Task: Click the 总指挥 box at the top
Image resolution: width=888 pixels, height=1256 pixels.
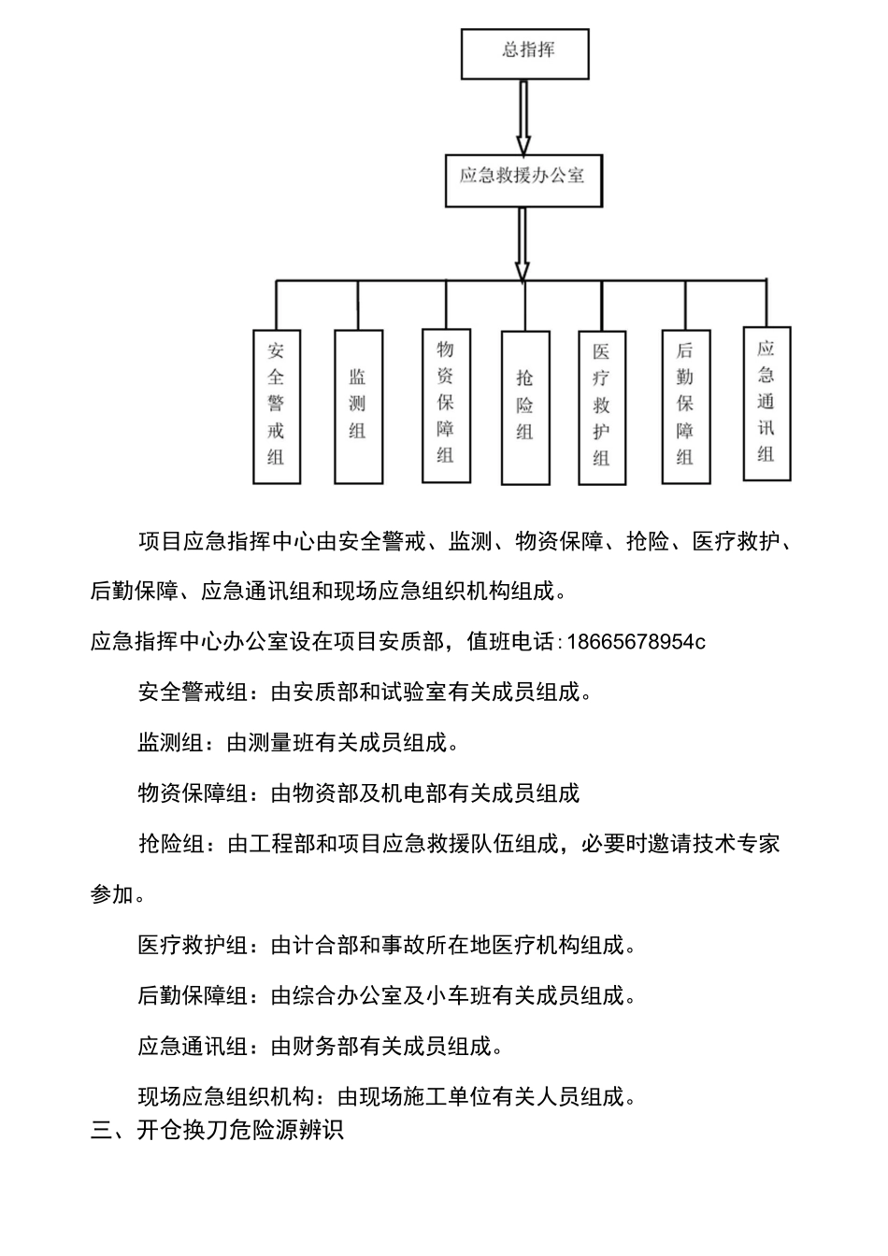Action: click(524, 53)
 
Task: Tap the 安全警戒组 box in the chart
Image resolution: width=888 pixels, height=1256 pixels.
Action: click(277, 406)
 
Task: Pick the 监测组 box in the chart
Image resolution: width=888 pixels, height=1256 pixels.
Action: click(358, 406)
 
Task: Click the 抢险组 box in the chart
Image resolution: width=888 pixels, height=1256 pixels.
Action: click(524, 407)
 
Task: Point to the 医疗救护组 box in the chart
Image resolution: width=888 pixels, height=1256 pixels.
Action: click(601, 407)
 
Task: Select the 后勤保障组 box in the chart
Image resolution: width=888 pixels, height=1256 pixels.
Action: click(685, 406)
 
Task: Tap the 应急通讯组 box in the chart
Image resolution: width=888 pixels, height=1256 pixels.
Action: click(766, 404)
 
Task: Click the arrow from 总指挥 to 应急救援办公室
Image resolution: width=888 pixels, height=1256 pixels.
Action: click(523, 117)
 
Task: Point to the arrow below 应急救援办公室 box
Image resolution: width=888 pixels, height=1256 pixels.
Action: click(523, 243)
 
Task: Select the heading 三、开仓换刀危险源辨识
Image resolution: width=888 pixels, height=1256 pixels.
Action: click(217, 1130)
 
